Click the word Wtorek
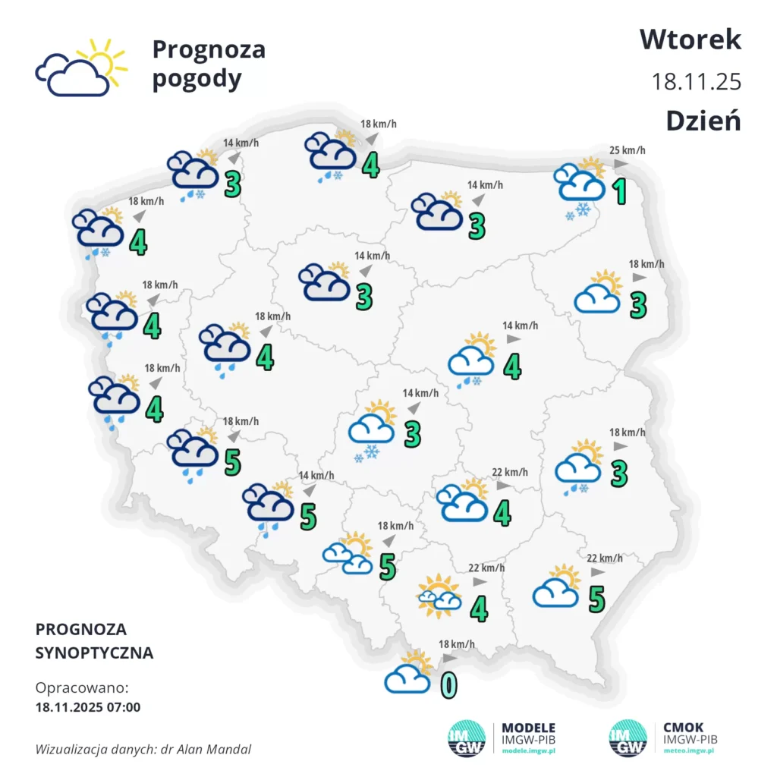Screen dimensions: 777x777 coord(690,39)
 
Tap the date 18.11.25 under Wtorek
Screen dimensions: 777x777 coord(697,81)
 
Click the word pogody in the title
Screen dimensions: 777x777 coord(197,79)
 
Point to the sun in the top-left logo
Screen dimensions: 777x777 coord(104,60)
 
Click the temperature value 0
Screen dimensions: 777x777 coord(449,684)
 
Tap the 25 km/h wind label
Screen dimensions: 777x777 coord(628,150)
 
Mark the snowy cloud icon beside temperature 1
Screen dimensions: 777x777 coord(580,186)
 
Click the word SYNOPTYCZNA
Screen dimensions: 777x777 coord(94,653)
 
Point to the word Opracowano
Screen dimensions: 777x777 coord(82,688)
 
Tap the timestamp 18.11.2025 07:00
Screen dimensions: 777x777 coord(88,707)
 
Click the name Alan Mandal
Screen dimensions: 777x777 coord(219,750)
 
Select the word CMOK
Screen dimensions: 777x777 coord(683,728)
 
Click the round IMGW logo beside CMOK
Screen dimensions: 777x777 coord(628,738)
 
